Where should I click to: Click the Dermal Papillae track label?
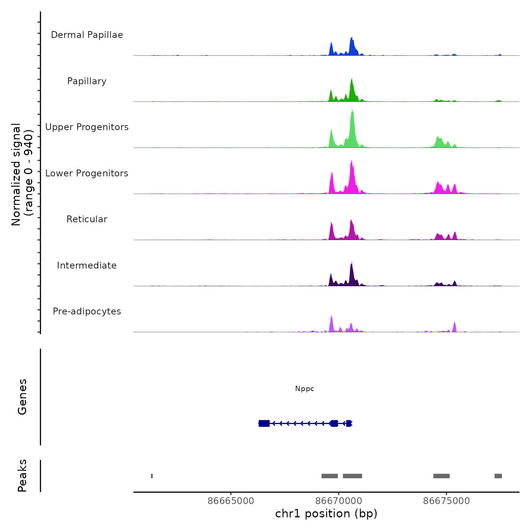click(87, 35)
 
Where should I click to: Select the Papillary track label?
click(87, 81)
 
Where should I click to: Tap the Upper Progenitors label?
click(87, 127)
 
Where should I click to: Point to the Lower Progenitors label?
click(87, 173)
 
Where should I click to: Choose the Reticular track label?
click(87, 219)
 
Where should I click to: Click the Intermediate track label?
click(87, 265)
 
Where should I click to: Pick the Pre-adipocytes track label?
click(87, 311)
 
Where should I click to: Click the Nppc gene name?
click(305, 389)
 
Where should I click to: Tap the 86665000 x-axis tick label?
click(231, 501)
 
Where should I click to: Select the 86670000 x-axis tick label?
click(339, 501)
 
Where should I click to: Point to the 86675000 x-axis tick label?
click(446, 501)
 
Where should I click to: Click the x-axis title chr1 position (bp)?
click(326, 514)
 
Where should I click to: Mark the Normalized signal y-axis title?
click(22, 174)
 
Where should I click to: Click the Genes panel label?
click(22, 397)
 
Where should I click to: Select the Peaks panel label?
click(22, 476)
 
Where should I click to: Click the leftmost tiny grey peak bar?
click(152, 476)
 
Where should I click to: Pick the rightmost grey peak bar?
click(498, 476)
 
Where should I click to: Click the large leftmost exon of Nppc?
click(264, 423)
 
